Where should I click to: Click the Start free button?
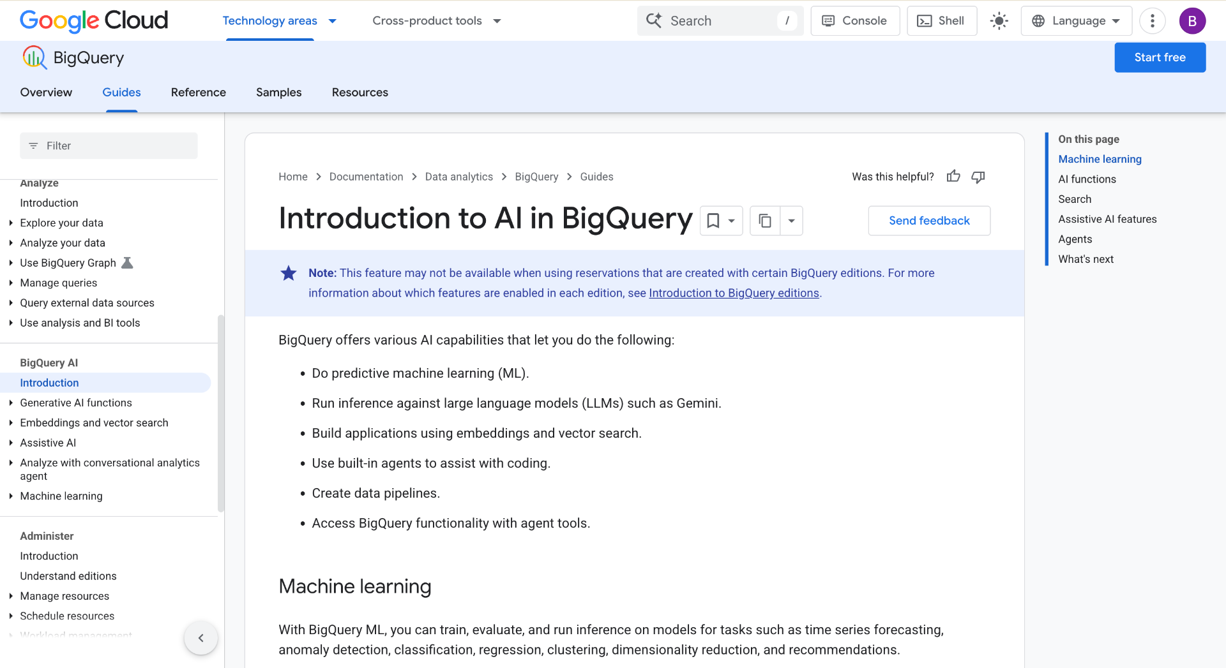[x=1160, y=57]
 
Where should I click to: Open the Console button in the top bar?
[x=855, y=21]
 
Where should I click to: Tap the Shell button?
[x=942, y=21]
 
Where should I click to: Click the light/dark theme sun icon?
[x=999, y=21]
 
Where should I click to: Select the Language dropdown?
[x=1077, y=21]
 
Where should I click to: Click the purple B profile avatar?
[x=1192, y=21]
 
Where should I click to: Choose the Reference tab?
[x=199, y=93]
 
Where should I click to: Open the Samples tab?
[x=279, y=93]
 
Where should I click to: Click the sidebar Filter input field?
[x=109, y=145]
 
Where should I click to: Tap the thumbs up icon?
[x=953, y=176]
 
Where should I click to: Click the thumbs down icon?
[x=978, y=177]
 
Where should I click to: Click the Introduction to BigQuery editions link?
[x=734, y=293]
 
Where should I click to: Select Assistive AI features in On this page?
[x=1107, y=219]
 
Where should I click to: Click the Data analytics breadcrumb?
[x=459, y=177]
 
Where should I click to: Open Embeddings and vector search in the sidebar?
[x=94, y=423]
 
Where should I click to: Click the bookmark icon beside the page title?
[x=713, y=221]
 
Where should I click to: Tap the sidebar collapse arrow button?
[x=201, y=638]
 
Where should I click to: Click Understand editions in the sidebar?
[x=68, y=576]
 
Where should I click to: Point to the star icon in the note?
[x=289, y=273]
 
